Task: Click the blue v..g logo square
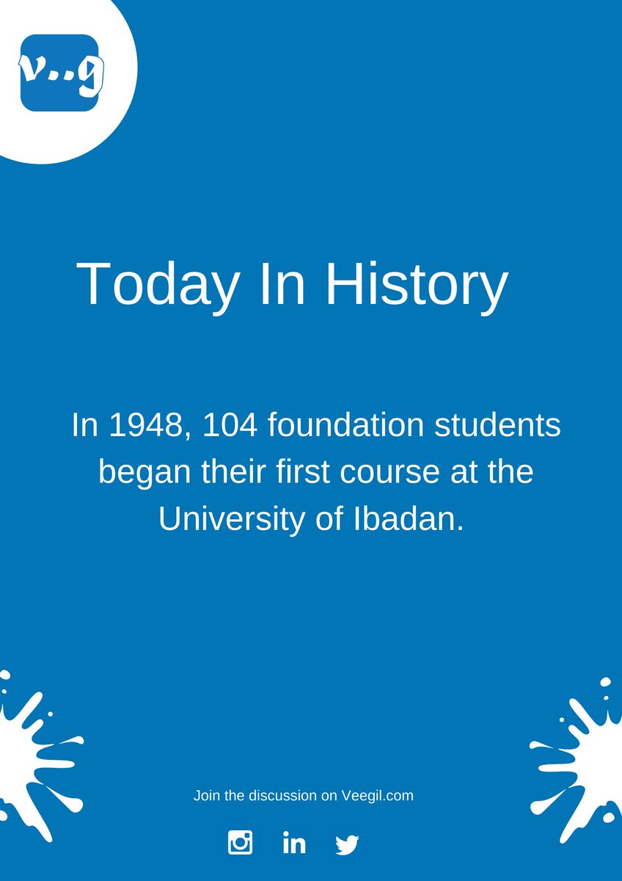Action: tap(59, 73)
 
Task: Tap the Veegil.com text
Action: tap(378, 796)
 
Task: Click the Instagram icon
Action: tap(240, 842)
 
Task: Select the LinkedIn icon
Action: tap(293, 842)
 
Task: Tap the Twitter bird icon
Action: tap(347, 844)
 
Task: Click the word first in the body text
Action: tap(291, 472)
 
